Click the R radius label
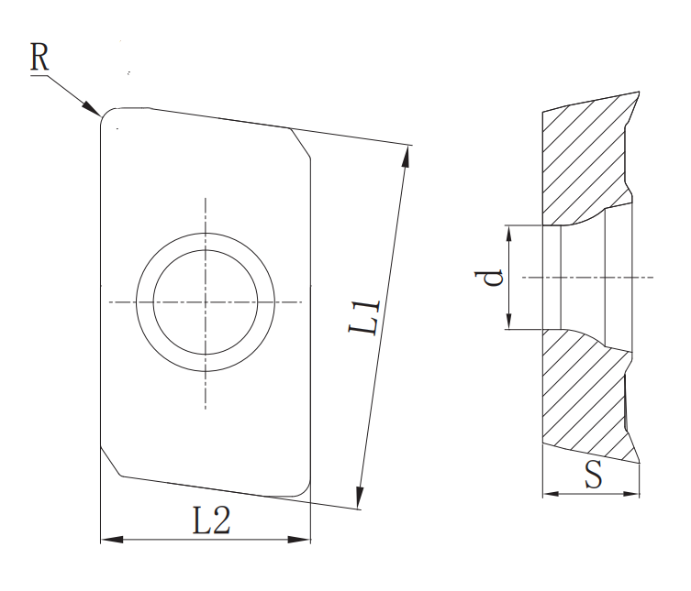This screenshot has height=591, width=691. coord(39,57)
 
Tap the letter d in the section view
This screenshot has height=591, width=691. coord(493,277)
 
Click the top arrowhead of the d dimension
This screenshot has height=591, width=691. coord(508,231)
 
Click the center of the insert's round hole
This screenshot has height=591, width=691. coord(205,302)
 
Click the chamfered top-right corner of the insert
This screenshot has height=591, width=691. coord(302,143)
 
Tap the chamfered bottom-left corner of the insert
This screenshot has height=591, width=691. coord(109,462)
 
